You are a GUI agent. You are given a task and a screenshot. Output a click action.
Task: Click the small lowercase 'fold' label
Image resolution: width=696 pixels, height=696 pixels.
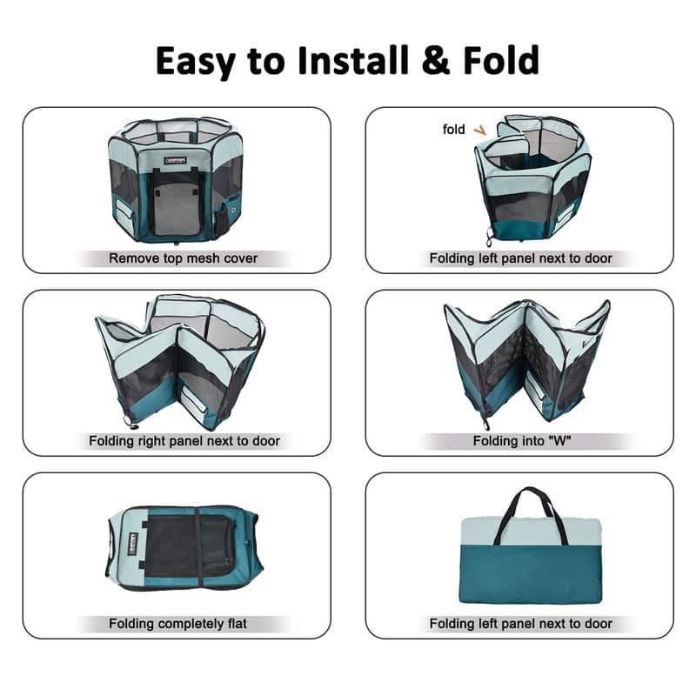454,129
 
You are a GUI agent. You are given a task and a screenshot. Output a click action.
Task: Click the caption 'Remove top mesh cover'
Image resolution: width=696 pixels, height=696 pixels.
183,258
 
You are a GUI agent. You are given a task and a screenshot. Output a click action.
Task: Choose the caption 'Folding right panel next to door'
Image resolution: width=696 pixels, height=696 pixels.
184,441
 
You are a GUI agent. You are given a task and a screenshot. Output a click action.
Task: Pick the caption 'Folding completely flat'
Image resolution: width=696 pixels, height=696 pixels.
177,624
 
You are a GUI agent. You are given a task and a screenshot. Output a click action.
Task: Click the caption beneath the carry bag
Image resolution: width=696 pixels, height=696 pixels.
520,624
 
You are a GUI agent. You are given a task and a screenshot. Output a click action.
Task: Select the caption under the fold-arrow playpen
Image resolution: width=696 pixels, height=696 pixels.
520,258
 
